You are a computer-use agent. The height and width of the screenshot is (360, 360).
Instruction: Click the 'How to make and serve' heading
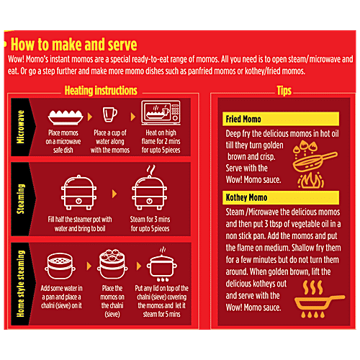pyautogui.click(x=74, y=45)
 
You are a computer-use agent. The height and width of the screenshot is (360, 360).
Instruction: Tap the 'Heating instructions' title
pyautogui.click(x=101, y=91)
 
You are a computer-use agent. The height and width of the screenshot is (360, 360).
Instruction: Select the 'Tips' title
pyautogui.click(x=284, y=91)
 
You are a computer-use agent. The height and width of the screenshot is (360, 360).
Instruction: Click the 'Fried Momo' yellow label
pyautogui.click(x=281, y=119)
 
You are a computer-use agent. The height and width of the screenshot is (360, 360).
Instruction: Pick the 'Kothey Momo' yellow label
pyautogui.click(x=281, y=197)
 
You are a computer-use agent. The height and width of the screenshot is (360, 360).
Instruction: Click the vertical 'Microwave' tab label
pyautogui.click(x=20, y=127)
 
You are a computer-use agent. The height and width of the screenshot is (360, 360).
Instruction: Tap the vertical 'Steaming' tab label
pyautogui.click(x=20, y=199)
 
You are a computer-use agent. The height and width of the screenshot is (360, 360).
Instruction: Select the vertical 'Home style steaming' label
pyautogui.click(x=21, y=284)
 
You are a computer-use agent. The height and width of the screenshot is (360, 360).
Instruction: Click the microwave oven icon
pyautogui.click(x=161, y=112)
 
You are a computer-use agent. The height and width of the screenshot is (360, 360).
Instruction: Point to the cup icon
pyautogui.click(x=110, y=114)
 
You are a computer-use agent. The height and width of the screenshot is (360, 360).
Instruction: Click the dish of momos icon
pyautogui.click(x=66, y=117)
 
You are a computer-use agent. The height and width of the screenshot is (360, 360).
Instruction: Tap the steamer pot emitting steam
pyautogui.click(x=149, y=188)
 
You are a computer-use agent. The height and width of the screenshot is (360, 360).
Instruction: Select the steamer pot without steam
pyautogui.click(x=78, y=192)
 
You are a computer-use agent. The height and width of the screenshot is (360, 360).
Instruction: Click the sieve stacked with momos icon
pyautogui.click(x=112, y=264)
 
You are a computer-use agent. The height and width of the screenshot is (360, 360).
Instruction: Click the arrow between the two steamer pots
pyautogui.click(x=114, y=194)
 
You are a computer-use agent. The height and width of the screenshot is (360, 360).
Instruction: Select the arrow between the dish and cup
pyautogui.click(x=90, y=117)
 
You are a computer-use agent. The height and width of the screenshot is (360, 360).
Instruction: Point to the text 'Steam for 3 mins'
pyautogui.click(x=150, y=219)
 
